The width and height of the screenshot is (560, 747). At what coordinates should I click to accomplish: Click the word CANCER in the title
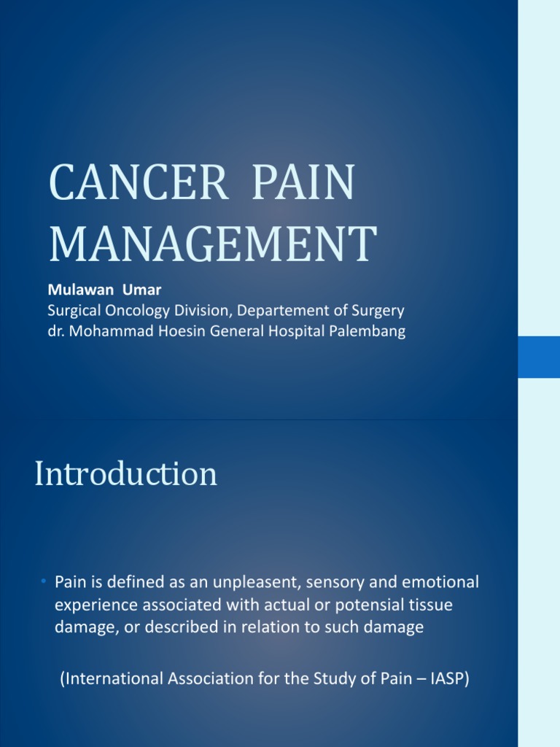[139, 185]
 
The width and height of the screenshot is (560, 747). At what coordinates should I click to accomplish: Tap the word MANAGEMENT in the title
[213, 244]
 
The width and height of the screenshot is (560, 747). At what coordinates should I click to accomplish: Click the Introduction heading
[125, 474]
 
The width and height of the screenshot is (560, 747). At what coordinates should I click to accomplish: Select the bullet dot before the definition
[44, 581]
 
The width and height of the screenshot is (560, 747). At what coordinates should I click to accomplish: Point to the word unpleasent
[262, 583]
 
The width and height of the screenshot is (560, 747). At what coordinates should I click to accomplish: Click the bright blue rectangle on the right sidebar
[539, 357]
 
